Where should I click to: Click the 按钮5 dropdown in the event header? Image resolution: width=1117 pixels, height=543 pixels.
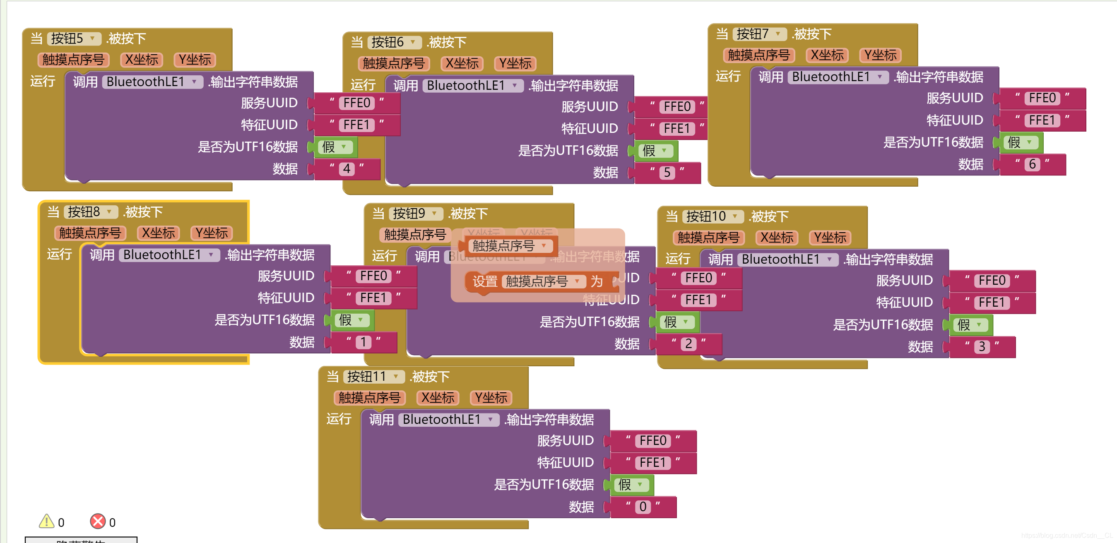tap(74, 38)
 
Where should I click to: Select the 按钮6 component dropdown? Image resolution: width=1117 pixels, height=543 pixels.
tap(394, 42)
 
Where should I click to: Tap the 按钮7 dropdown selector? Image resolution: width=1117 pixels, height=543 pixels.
tap(759, 34)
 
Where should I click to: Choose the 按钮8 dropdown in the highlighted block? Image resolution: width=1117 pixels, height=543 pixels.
tap(91, 212)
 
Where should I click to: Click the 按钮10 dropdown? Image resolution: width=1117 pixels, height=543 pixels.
tap(713, 216)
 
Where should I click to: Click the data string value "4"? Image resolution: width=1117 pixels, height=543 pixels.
tap(347, 168)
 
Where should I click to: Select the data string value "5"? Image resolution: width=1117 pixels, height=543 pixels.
tap(667, 173)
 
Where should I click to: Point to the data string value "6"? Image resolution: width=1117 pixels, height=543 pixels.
tap(1032, 164)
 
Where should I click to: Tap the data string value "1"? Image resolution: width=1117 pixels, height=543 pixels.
tap(364, 342)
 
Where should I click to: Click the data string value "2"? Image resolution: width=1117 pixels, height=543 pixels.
tap(688, 344)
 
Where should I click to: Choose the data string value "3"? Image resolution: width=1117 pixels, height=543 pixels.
tap(982, 347)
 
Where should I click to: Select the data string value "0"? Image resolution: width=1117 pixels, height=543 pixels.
tap(643, 507)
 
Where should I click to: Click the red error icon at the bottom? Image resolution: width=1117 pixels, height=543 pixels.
tap(98, 521)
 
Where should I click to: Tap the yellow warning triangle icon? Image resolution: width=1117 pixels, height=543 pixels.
tap(46, 521)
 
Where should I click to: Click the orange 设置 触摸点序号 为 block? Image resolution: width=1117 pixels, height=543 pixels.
tap(484, 282)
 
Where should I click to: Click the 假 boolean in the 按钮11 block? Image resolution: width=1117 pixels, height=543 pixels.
tap(631, 485)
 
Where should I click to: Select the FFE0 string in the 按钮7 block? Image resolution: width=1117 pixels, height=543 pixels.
tap(1042, 99)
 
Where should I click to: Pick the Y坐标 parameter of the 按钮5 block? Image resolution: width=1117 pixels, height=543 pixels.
tap(195, 60)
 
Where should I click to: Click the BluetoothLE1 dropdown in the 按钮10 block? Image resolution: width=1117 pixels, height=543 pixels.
tap(787, 259)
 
